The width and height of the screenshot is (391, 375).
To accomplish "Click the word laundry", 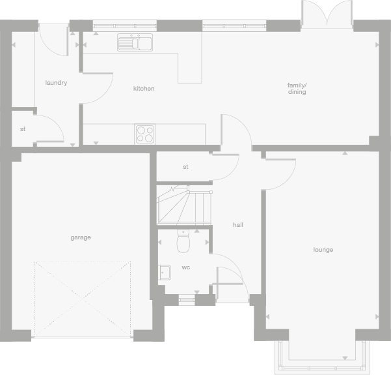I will click(56, 83).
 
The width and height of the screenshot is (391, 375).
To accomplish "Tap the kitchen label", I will click(144, 88).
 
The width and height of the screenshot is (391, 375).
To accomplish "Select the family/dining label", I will click(297, 88).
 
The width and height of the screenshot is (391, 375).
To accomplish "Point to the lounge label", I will click(323, 250).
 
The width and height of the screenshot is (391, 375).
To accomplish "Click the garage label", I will click(81, 237).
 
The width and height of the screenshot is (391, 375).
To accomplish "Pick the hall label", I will click(238, 224).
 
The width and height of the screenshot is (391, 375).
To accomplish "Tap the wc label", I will click(185, 267).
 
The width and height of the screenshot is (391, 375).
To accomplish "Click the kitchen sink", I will click(135, 43).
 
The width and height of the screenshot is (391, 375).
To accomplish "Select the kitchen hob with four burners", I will click(145, 134).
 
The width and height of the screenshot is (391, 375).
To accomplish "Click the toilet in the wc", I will click(183, 243).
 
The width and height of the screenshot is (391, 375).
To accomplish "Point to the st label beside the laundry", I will click(23, 129).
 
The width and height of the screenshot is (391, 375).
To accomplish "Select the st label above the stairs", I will click(185, 167).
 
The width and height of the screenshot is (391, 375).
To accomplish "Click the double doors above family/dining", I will click(327, 14).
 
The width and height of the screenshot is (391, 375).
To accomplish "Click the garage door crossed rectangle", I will click(82, 299).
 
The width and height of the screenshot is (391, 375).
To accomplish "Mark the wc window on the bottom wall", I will click(187, 299).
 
